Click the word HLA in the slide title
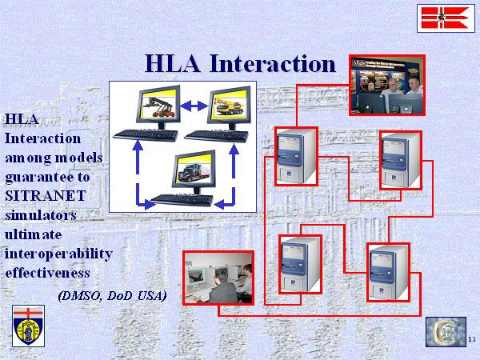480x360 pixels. point(173,63)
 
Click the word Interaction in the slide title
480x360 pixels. point(273,63)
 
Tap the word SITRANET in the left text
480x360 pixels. point(45,196)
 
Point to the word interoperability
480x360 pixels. point(58,254)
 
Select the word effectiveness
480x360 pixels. point(47,273)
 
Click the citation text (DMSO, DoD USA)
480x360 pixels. point(112,295)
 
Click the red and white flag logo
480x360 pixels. point(446,18)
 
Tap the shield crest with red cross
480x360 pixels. point(29,326)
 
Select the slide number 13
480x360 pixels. point(472,339)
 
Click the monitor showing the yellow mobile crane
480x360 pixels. point(229,106)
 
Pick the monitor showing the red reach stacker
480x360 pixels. point(158,105)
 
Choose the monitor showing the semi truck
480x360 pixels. point(194,170)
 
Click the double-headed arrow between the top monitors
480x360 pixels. point(194,106)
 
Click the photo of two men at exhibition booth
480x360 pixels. point(387,85)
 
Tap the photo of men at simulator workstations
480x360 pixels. point(218,278)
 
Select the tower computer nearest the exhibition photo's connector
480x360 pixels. point(296,156)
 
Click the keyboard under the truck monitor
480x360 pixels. point(182,199)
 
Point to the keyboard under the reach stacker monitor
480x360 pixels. point(146,135)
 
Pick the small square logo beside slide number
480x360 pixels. point(446,332)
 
